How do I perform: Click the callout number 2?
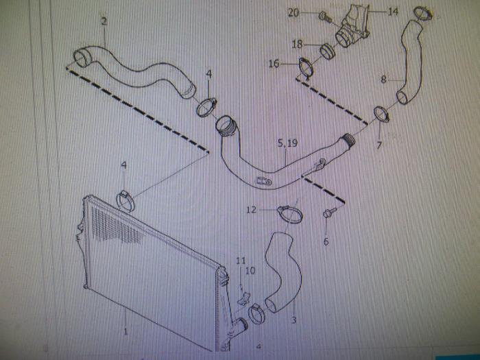pos(104,22)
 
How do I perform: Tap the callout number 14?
pos(393,12)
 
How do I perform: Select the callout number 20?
pos(293,12)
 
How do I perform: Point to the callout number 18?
pos(297,44)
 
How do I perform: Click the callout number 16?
pos(274,64)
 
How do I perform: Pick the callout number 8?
pos(384,80)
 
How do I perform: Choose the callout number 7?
pos(379,146)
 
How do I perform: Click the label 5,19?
pos(287,144)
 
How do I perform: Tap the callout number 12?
pos(252,210)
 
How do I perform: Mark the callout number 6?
pos(326,241)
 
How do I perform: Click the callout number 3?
pos(293,320)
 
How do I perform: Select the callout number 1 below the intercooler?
pos(125,332)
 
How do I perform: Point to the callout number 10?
pos(250,271)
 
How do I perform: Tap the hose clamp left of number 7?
pos(381,115)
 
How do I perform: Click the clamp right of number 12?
pos(290,212)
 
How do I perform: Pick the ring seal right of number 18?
pos(328,50)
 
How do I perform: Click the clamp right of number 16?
pos(306,68)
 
